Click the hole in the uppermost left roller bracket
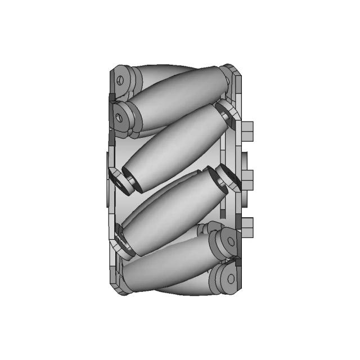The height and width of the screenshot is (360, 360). [120, 81]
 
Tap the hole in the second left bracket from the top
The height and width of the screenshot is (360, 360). [119, 118]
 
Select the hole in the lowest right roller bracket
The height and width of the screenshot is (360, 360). [230, 278]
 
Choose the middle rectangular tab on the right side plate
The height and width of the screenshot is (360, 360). [247, 179]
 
